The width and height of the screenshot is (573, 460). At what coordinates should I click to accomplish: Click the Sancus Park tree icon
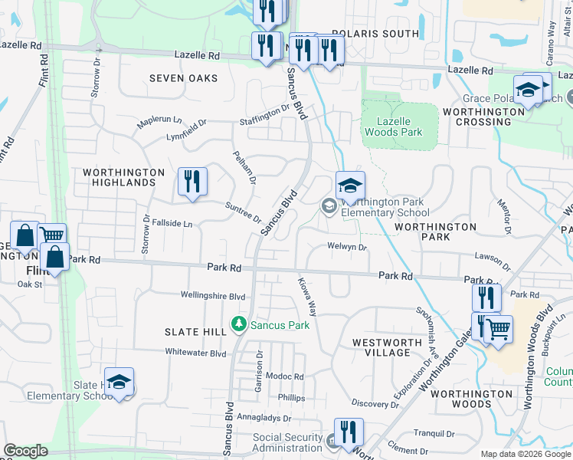coord(239,325)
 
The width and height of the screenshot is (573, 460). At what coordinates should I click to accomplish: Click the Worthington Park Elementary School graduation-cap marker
coord(350,186)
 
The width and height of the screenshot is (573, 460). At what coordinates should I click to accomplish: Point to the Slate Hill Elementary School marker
coord(119,383)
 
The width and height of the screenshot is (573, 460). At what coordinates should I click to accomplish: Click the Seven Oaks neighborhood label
coord(183,78)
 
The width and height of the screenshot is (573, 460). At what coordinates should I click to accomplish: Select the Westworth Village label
coord(388,347)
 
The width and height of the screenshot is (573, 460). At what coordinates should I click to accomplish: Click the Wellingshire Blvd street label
coord(213,295)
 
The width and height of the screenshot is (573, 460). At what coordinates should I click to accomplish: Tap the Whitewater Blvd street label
coord(196,353)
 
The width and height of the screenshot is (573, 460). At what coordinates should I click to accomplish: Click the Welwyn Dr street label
coord(348,247)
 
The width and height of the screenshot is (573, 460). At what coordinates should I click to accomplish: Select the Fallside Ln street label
coord(172,224)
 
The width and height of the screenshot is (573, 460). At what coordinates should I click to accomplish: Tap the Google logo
coord(26,451)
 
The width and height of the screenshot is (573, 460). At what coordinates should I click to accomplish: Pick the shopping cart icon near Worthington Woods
coord(499,330)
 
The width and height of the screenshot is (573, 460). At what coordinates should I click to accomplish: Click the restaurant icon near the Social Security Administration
coord(349,432)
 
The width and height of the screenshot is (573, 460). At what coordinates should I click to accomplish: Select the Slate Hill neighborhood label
coord(195,331)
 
